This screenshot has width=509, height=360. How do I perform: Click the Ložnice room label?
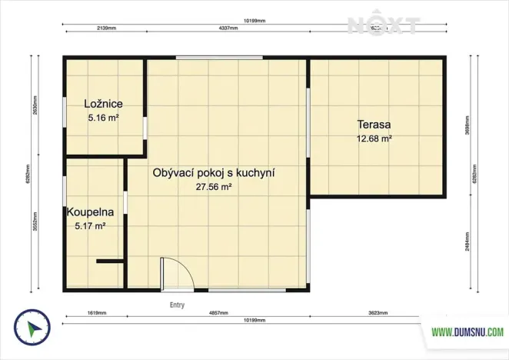pos(104,104)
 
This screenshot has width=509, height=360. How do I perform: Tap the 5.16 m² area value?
pos(104,118)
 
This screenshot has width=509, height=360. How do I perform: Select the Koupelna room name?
pos(91,212)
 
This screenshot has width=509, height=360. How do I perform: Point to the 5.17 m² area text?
pos(90,226)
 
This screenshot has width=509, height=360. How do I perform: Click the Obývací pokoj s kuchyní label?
pos(214,173)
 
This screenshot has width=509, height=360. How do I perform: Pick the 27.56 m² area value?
pos(215,187)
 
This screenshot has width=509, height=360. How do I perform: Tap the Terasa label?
pos(374,125)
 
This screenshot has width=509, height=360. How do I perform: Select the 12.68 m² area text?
pos(374,139)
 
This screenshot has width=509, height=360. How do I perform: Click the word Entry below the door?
pos(177,305)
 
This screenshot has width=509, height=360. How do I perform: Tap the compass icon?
pos(32,329)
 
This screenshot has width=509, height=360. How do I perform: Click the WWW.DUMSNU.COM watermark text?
pos(467,332)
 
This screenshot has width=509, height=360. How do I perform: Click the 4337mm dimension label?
pos(228,26)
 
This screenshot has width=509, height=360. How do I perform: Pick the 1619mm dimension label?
pos(96,314)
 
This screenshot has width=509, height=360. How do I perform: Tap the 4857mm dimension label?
pos(219,314)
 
